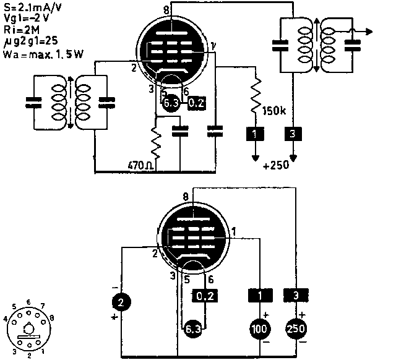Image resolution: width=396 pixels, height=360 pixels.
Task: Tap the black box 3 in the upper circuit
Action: tap(292, 132)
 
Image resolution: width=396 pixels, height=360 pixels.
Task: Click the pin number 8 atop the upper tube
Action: tap(166, 11)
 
